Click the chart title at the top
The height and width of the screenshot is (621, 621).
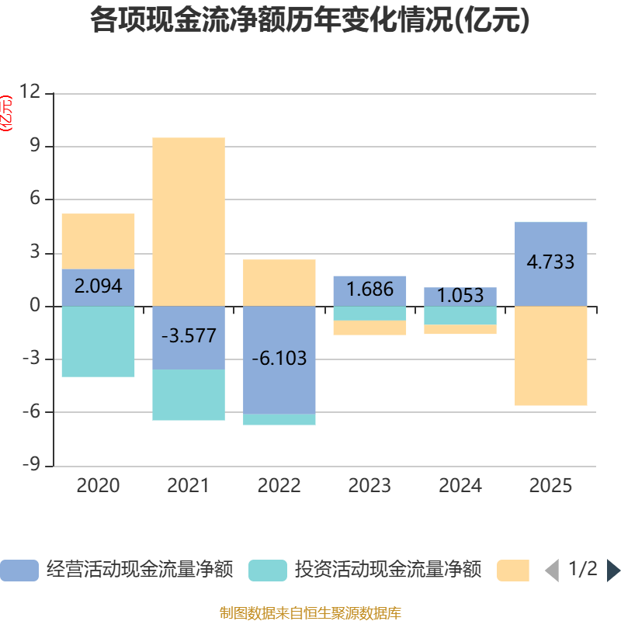click(x=310, y=19)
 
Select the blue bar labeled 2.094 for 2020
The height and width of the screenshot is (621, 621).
click(x=99, y=287)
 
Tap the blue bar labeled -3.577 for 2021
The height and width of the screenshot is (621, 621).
click(x=189, y=338)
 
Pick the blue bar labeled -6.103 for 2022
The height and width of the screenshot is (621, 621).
click(x=279, y=360)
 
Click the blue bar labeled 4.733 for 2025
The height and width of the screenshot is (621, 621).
click(x=551, y=264)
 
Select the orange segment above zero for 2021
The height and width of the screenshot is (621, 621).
click(x=189, y=222)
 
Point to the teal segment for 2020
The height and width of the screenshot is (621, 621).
click(x=99, y=342)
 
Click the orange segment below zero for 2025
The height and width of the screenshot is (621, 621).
click(x=551, y=356)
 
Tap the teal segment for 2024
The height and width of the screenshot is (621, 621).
click(x=460, y=315)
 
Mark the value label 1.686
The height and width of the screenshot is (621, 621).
click(x=370, y=289)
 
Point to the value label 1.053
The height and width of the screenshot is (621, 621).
click(x=460, y=296)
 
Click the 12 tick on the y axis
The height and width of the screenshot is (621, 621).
click(x=30, y=92)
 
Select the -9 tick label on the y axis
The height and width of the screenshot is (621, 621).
click(x=32, y=463)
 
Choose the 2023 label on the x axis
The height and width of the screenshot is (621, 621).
click(x=369, y=486)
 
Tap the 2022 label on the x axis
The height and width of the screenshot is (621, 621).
click(x=279, y=486)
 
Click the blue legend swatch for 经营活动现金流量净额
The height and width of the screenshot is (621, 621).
click(x=19, y=571)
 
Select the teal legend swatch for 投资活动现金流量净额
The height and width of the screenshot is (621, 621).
click(x=268, y=571)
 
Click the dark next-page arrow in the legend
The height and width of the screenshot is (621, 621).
click(x=613, y=571)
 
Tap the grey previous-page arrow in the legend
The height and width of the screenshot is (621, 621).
click(x=552, y=571)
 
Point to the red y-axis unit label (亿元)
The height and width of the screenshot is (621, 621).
click(x=6, y=113)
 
